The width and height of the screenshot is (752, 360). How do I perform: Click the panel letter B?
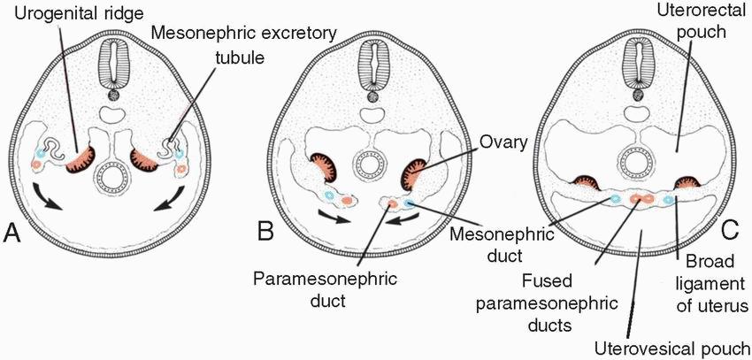(264, 233)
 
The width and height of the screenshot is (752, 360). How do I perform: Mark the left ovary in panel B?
(325, 171)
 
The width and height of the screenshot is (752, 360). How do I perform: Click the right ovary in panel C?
(687, 183)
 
